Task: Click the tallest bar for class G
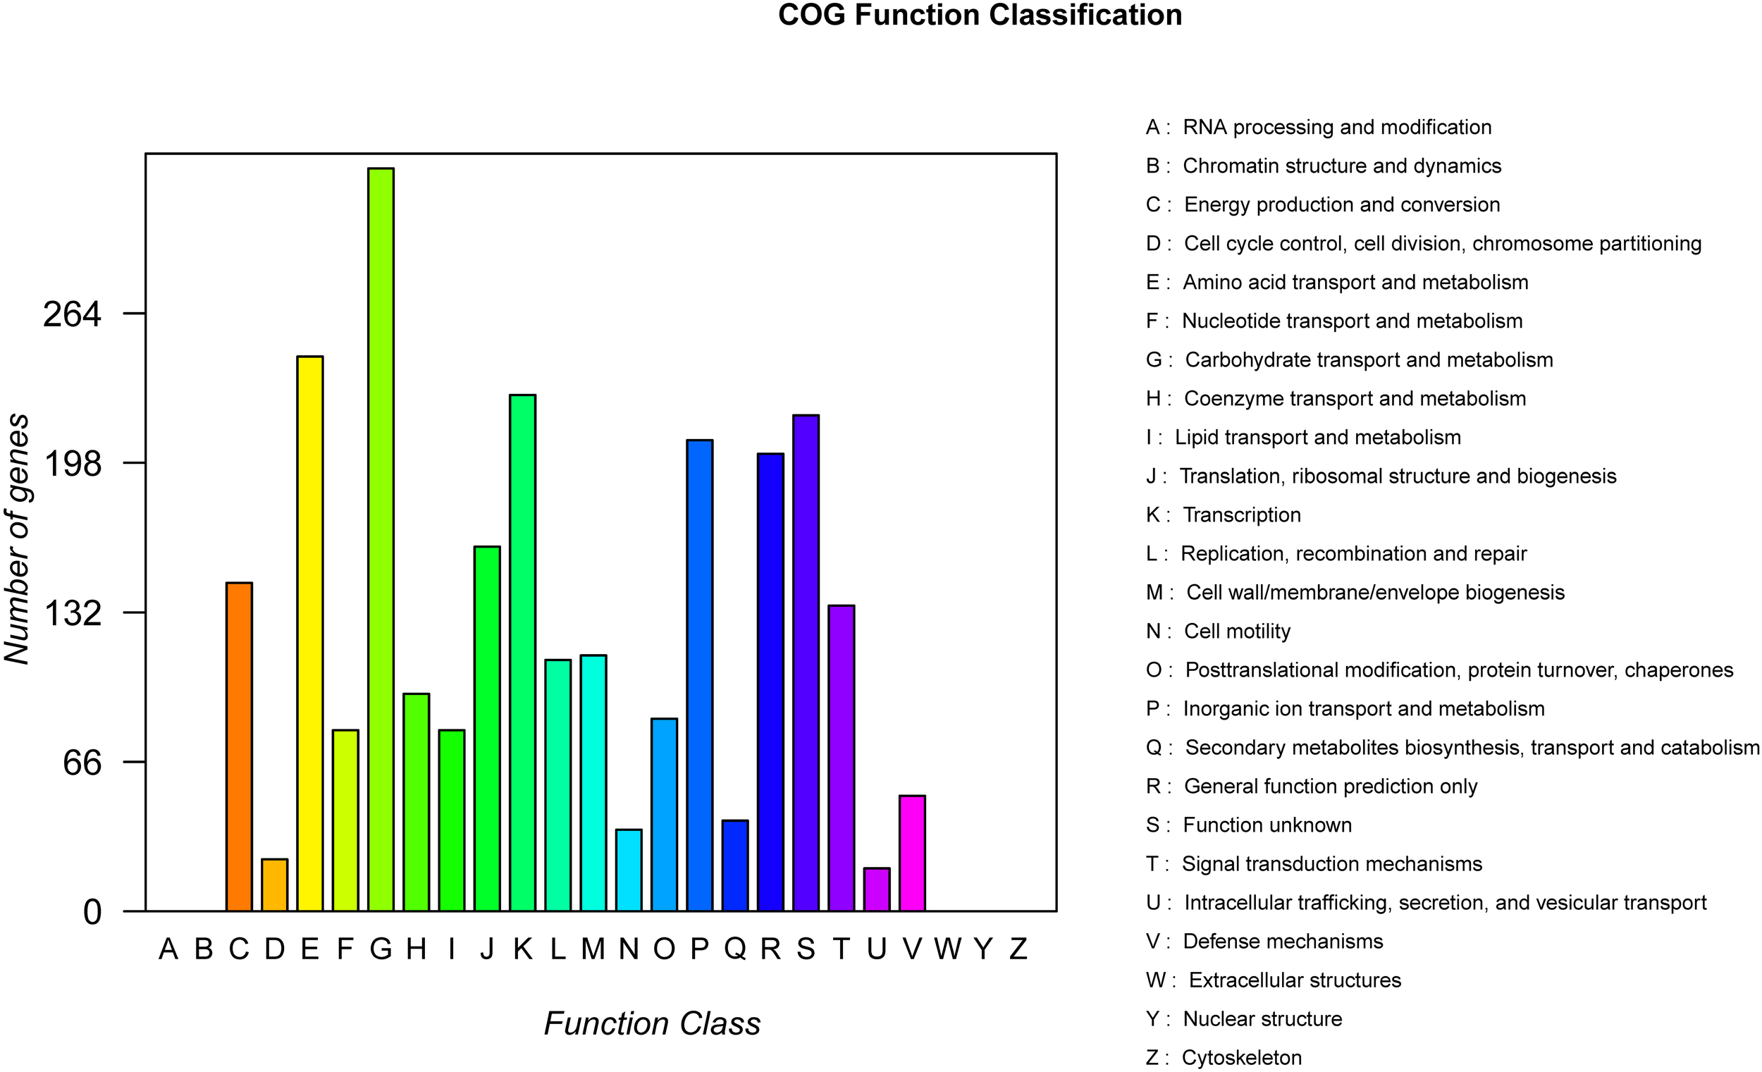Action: click(381, 539)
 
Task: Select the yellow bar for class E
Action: click(310, 633)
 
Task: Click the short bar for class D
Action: click(275, 885)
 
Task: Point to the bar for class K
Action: click(523, 652)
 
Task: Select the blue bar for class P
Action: click(699, 675)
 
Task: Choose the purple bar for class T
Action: click(842, 758)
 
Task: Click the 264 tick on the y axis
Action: click(72, 314)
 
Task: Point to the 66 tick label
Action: click(82, 763)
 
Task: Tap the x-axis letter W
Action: click(947, 949)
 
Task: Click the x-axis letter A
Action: click(168, 949)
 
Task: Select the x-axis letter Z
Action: click(1018, 949)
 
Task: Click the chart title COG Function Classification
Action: click(980, 15)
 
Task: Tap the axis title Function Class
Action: click(651, 1023)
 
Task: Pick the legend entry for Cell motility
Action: click(1236, 631)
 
